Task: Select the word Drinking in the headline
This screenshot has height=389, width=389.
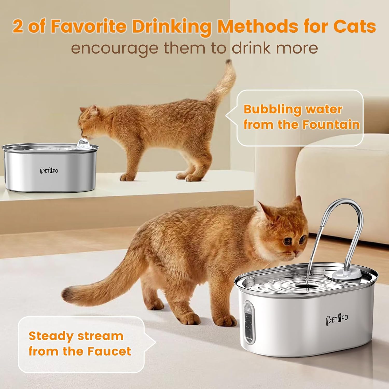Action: (x=171, y=27)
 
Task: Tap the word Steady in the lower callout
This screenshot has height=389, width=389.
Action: (x=51, y=337)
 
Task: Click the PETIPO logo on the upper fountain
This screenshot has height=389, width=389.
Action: (x=49, y=171)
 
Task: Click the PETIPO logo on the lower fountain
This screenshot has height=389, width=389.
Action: (x=337, y=319)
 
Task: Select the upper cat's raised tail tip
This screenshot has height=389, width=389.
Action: (x=228, y=62)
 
